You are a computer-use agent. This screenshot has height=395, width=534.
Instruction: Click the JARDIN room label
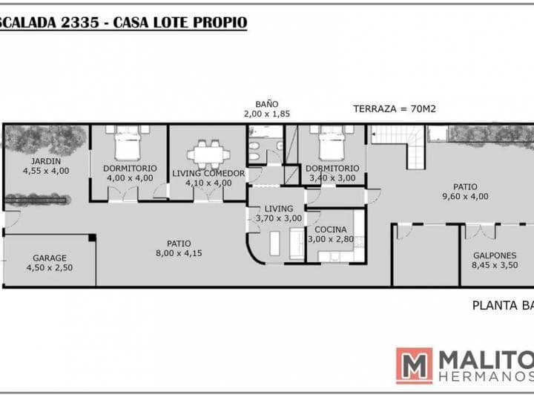[x=46, y=161]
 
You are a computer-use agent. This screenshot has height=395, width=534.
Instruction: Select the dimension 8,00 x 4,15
[x=179, y=253]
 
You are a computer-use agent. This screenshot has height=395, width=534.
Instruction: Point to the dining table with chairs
[x=207, y=154]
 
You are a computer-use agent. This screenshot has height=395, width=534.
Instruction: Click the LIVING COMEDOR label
[x=208, y=173]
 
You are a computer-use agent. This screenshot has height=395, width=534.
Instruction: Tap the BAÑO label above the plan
[x=266, y=105]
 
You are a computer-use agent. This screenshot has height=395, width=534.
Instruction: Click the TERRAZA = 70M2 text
[x=394, y=108]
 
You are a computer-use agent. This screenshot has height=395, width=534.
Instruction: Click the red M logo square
[x=414, y=366]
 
